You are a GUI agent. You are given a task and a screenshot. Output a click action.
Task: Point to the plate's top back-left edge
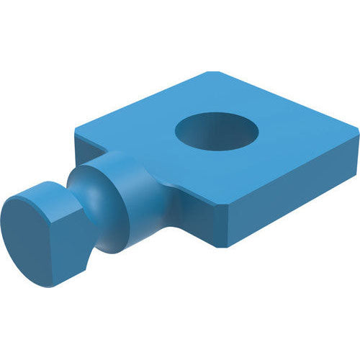144,101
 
